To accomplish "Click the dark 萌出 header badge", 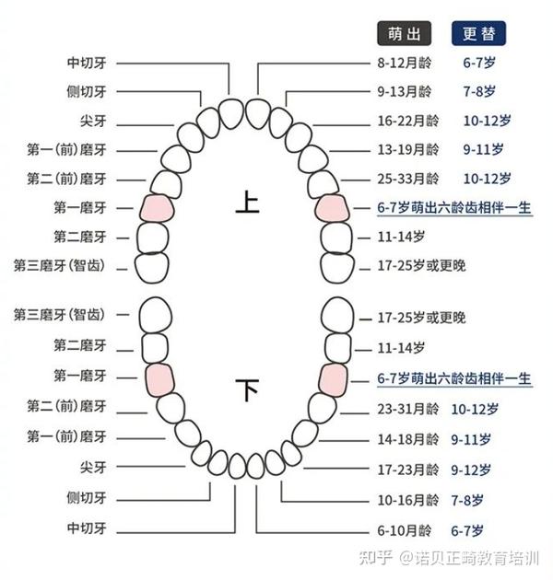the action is pos(404,34).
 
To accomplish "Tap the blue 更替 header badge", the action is pos(478,34).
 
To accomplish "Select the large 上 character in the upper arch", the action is pos(247,202).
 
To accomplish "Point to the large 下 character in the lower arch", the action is pos(247,389).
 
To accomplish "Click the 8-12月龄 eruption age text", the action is pos(404,63).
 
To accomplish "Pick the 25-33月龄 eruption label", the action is pos(407,179).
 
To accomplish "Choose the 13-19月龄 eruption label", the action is pos(407,150).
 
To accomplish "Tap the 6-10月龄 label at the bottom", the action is pos(404,531).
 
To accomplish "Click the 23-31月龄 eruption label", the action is pos(407,409).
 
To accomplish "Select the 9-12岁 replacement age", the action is pos(471,470).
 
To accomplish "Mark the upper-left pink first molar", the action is pos(157,209).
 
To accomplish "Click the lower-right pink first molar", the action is pos(334,380).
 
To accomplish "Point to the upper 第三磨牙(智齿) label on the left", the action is pos(59,265).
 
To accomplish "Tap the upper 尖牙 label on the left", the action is pos(93,121).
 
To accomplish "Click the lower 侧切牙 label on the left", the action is pos(87,498).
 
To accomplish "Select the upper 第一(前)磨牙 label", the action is pos(66,150).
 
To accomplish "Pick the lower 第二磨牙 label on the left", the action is pos(80,345).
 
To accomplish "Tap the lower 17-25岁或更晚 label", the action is pos(421,318).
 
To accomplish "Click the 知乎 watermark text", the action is pos(376,558).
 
